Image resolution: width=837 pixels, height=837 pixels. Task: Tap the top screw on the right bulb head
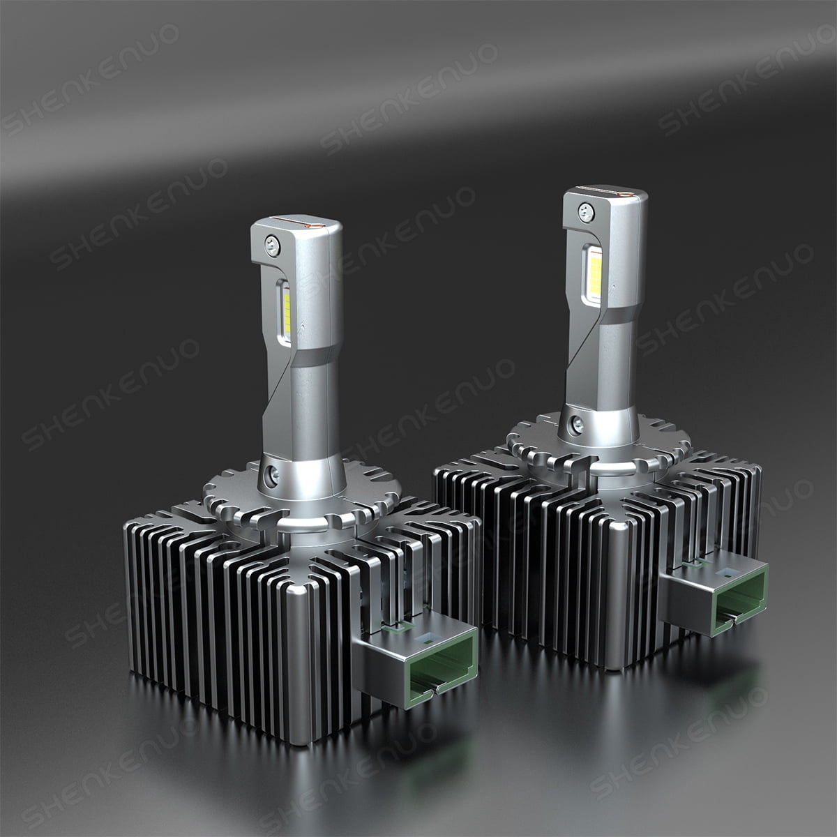pos(585,208)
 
